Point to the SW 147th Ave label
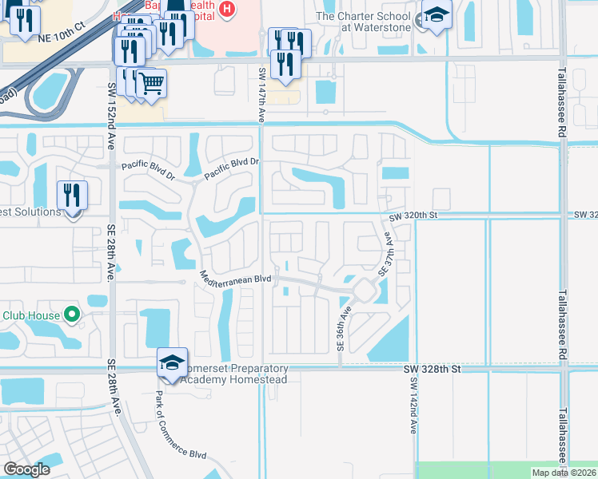coord(261,94)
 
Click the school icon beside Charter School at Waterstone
coord(437,16)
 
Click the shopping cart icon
coord(150,83)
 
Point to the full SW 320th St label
coord(415,216)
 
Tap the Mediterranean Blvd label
coord(236,275)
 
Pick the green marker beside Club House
coord(72,315)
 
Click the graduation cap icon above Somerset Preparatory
coord(173,364)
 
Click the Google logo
coord(26,469)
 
